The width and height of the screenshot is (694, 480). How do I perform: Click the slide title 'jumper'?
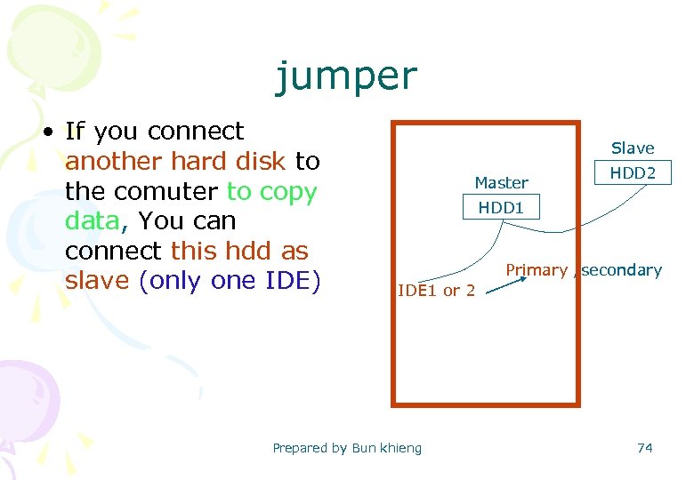345,76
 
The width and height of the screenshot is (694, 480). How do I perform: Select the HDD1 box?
501,208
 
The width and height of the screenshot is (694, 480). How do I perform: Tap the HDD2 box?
633,172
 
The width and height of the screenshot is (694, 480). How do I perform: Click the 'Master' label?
501,182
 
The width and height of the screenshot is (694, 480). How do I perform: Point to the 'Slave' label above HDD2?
633,148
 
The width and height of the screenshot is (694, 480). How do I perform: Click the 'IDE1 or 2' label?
436,291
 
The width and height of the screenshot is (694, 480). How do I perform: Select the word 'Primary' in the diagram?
537,270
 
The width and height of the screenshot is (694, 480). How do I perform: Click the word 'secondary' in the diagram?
621,270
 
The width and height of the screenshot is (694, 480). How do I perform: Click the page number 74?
645,448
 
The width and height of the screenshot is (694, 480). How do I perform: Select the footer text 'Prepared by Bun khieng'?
347,448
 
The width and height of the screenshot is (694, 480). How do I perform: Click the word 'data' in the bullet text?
92,221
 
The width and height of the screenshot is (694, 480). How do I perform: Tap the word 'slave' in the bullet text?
98,280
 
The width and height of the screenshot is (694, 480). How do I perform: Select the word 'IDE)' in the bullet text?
295,280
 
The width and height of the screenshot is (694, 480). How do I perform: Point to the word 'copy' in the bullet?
288,192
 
